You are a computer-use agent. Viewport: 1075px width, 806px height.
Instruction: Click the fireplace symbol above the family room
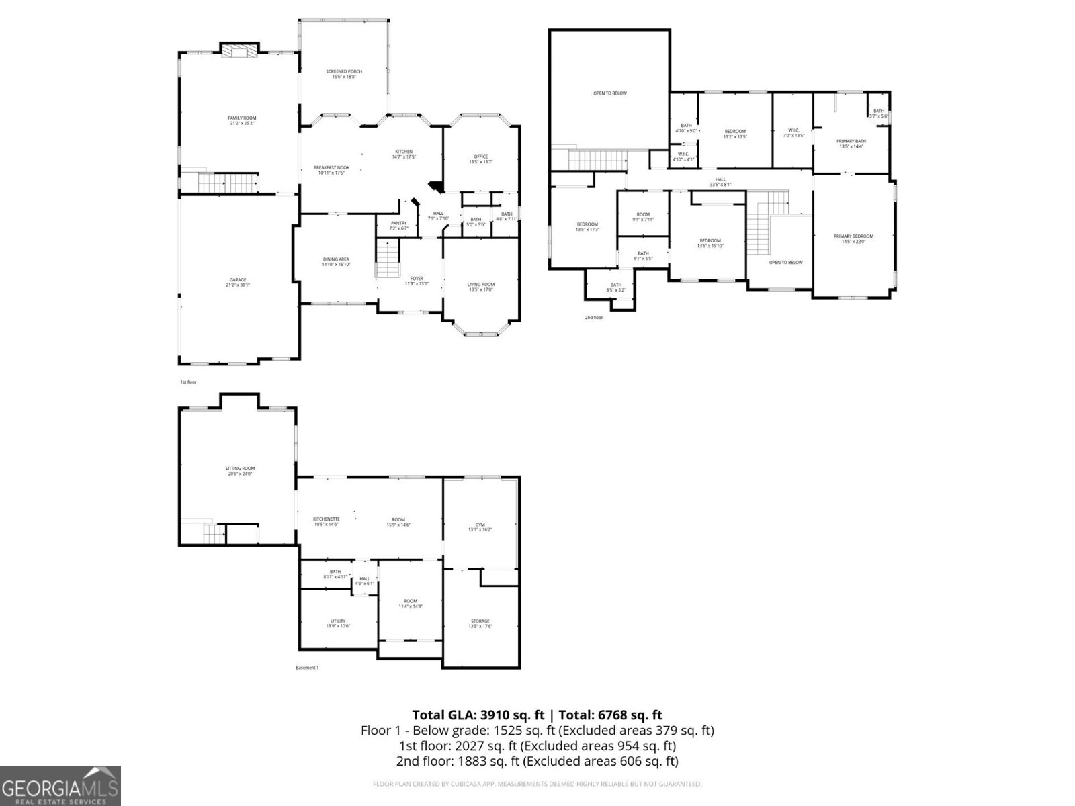[240, 52]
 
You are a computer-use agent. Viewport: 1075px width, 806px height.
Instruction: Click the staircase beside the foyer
[387, 260]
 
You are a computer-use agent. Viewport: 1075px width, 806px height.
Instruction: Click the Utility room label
[338, 623]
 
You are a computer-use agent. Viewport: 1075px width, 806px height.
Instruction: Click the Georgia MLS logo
[60, 785]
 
